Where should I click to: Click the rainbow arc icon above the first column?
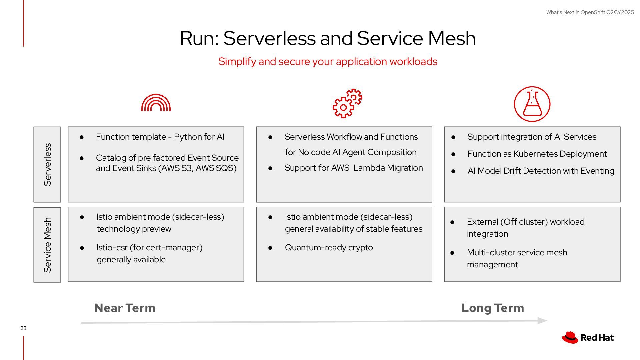coord(156,103)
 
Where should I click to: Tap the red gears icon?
coord(347,103)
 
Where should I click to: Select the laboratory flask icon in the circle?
coord(532,104)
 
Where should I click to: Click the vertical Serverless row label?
coord(47,164)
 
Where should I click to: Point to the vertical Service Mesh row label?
coord(47,245)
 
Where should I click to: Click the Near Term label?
coord(125,308)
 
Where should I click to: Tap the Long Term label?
coord(493,308)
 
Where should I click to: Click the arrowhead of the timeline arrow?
coord(543,321)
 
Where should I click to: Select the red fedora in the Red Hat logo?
coord(570,337)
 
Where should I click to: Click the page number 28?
coord(23,328)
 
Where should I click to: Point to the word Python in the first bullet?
coord(187,137)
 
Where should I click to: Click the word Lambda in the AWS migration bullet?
coord(369,168)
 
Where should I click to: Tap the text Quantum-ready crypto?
coord(329,248)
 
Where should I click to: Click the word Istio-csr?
coord(112,248)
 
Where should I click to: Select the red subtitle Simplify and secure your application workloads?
coord(328,62)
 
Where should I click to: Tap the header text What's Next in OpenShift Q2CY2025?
coord(590,12)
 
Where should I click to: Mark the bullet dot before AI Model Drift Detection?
coord(453,171)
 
